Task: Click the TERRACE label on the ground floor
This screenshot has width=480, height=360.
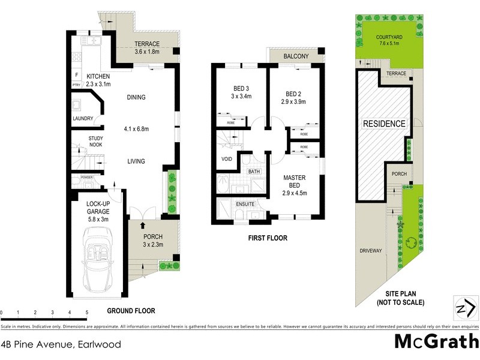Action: pyautogui.click(x=146, y=44)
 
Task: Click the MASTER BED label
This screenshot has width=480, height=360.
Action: pyautogui.click(x=295, y=181)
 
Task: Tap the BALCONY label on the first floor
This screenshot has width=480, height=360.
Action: pyautogui.click(x=296, y=56)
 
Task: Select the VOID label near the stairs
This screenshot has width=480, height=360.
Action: pyautogui.click(x=227, y=160)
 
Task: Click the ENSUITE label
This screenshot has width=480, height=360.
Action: pyautogui.click(x=245, y=204)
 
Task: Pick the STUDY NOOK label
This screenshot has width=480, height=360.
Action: pyautogui.click(x=83, y=142)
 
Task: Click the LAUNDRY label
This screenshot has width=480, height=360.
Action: pyautogui.click(x=83, y=118)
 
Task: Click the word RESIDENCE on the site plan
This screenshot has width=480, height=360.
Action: pyautogui.click(x=385, y=124)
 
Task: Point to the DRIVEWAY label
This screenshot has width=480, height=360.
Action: pyautogui.click(x=370, y=250)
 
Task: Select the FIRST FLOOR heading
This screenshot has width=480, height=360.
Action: pyautogui.click(x=267, y=238)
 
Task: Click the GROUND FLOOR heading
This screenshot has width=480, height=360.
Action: pyautogui.click(x=130, y=311)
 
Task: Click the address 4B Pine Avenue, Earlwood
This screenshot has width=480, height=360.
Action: pyautogui.click(x=61, y=344)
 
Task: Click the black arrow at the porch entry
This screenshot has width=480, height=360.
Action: pyautogui.click(x=142, y=226)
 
